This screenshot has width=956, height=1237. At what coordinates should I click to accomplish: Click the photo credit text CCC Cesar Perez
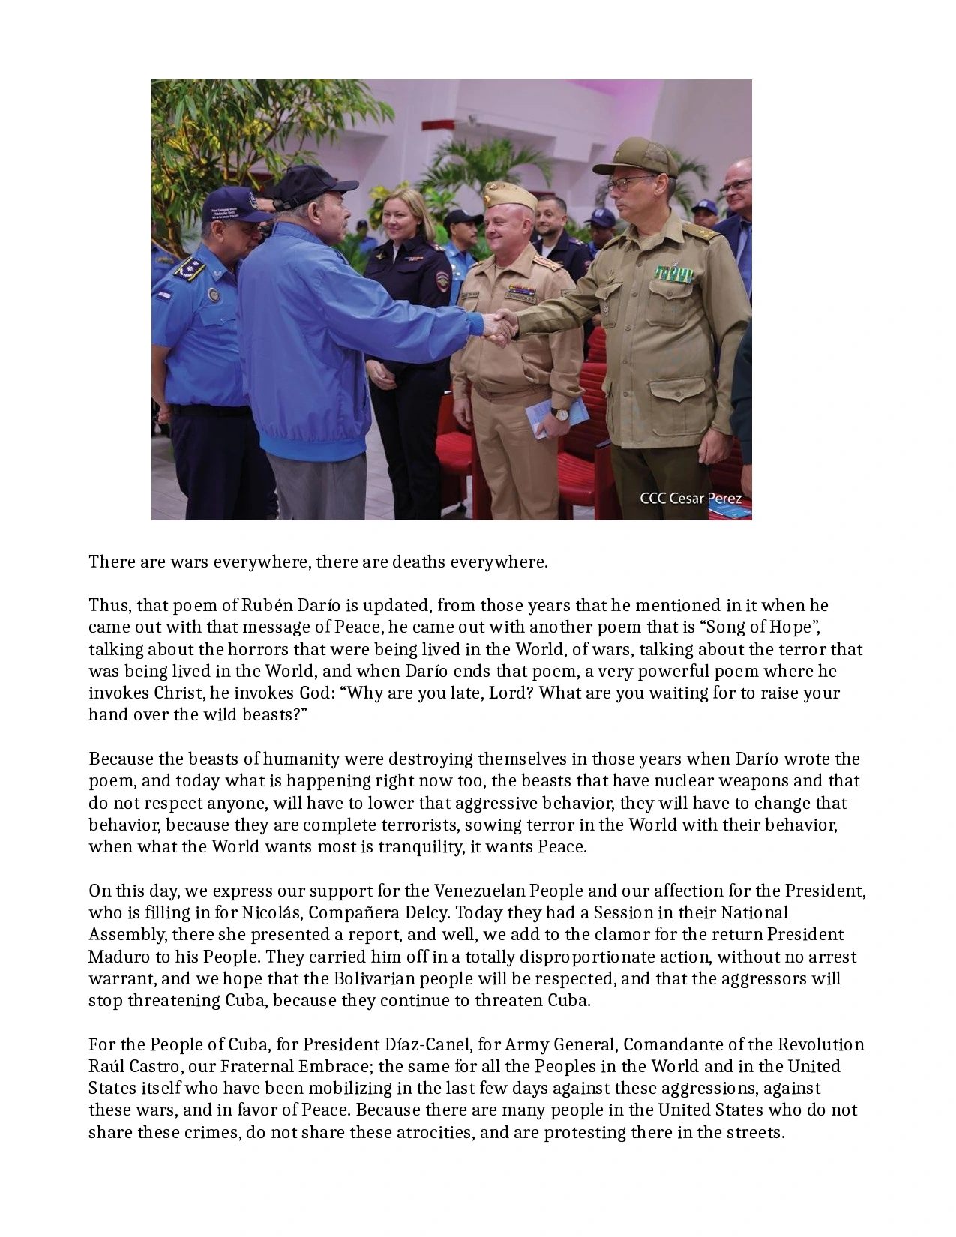(690, 498)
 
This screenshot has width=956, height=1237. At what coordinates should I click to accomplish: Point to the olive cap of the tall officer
(634, 156)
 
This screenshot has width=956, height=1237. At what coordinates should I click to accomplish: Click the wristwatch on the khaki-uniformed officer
(557, 412)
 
